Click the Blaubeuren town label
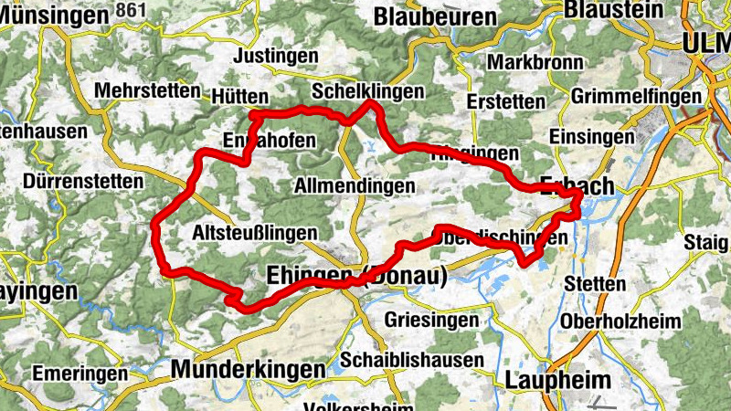435,16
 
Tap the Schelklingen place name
367,91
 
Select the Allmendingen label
355,185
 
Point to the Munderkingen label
249,369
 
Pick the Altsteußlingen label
255,233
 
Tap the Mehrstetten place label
146,91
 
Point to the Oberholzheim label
621,321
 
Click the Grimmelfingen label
636,96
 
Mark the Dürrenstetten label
85,182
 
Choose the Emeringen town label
79,374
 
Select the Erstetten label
505,100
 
